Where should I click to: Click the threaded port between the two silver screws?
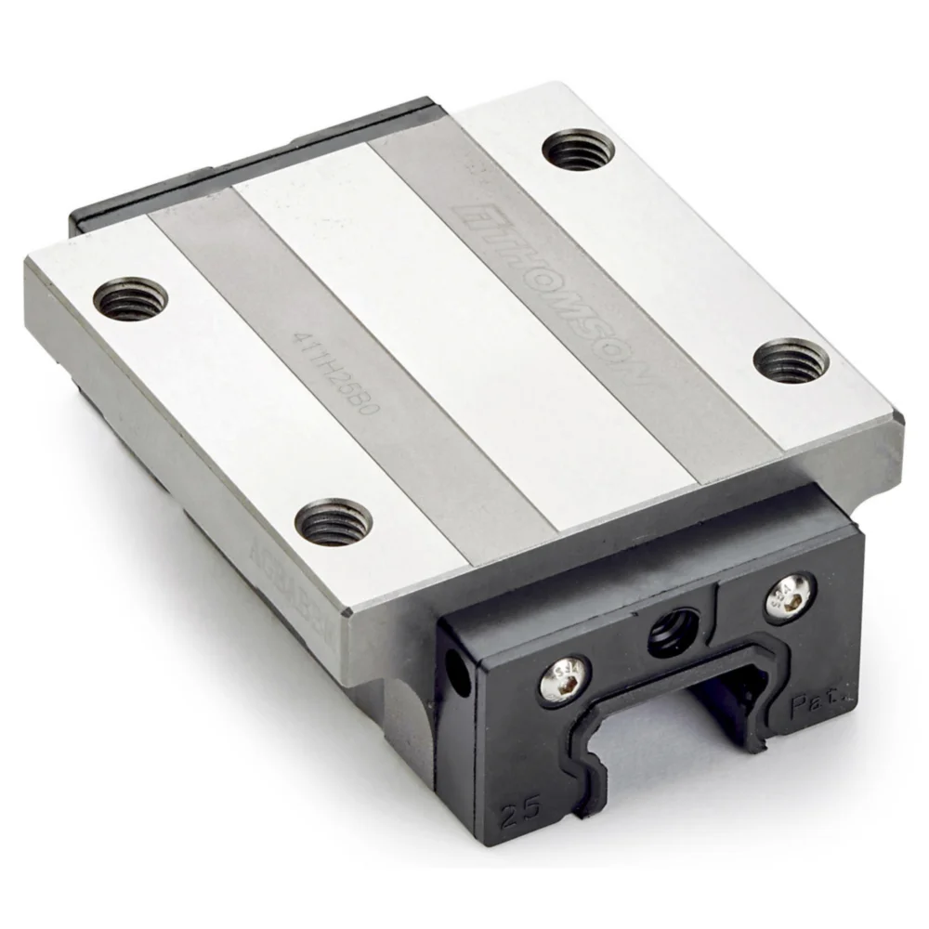pyautogui.click(x=672, y=635)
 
